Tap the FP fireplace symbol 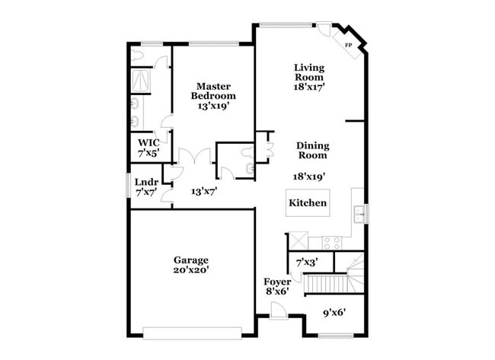click(349, 46)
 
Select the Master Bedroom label click(212, 91)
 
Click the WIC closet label click(148, 142)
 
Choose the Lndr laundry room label click(146, 182)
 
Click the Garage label click(190, 260)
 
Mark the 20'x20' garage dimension click(190, 270)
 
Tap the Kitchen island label click(308, 203)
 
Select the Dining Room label click(311, 150)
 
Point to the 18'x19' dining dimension click(309, 176)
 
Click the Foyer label click(277, 282)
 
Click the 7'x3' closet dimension click(306, 263)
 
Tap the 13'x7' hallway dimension click(204, 192)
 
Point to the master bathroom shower click(142, 80)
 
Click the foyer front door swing click(278, 310)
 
